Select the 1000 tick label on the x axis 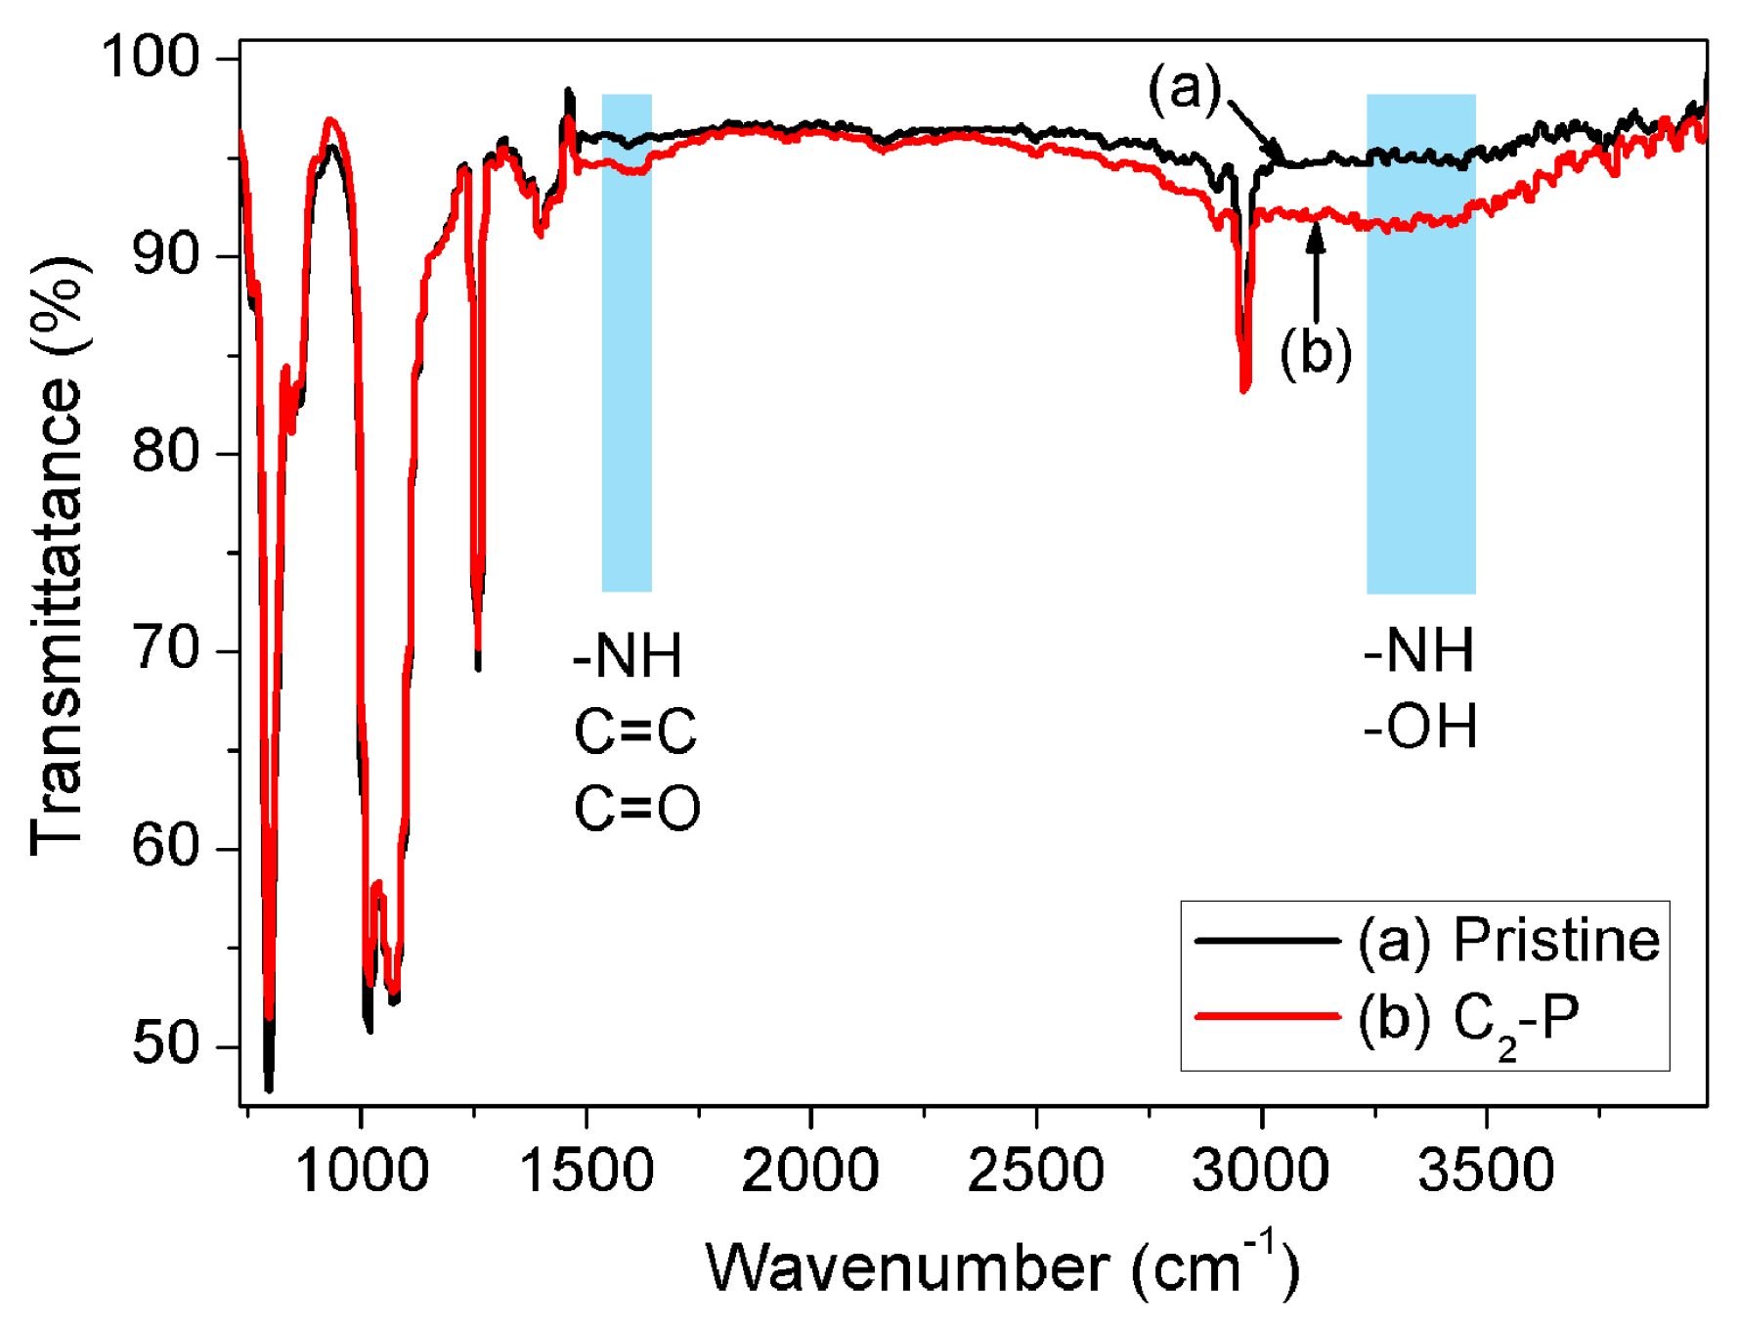point(362,1170)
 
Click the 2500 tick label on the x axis point(1035,1170)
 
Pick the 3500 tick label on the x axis point(1486,1170)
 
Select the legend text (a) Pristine point(1508,941)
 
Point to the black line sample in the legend point(1267,940)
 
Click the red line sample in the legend point(1267,1017)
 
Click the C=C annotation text point(635,732)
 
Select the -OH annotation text point(1420,727)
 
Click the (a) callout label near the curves point(1184,88)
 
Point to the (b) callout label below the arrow point(1316,351)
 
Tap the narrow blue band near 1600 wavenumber point(627,342)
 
